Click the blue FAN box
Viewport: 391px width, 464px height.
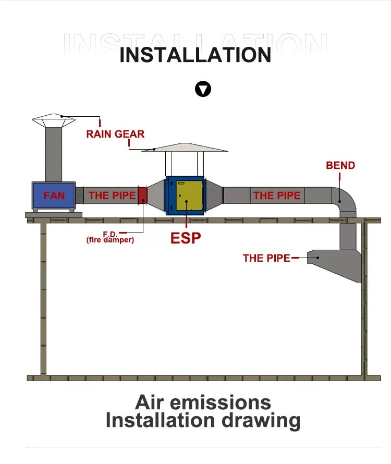click(x=54, y=196)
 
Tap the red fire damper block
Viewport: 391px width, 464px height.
click(x=142, y=196)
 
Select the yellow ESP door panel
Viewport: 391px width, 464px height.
click(x=189, y=196)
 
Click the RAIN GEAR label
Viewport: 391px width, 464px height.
click(x=115, y=134)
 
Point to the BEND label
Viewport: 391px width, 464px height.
click(x=340, y=165)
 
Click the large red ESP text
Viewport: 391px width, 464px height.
click(x=186, y=238)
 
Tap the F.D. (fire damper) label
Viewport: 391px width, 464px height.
click(x=110, y=237)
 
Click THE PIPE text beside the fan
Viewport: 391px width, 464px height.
click(x=112, y=196)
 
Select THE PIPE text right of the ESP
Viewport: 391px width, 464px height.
click(x=277, y=196)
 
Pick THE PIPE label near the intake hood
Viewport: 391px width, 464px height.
click(x=266, y=258)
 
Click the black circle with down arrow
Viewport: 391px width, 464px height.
click(x=203, y=89)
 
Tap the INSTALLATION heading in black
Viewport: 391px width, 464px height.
click(x=195, y=55)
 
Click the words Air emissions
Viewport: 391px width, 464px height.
click(x=203, y=402)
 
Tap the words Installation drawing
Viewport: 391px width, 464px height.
click(x=203, y=420)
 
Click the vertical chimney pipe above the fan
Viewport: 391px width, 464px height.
click(x=54, y=154)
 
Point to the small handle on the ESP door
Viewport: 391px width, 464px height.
click(x=181, y=183)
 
